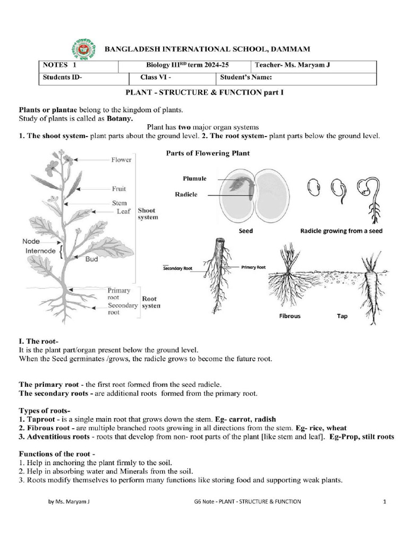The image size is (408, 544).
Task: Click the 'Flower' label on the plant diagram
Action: pyautogui.click(x=121, y=159)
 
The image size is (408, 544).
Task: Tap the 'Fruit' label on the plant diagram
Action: pyautogui.click(x=118, y=188)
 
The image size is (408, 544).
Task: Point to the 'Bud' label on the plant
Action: pyautogui.click(x=91, y=260)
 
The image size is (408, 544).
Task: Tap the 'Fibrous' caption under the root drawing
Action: pyautogui.click(x=290, y=316)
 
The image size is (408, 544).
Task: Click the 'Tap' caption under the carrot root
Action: pyautogui.click(x=342, y=316)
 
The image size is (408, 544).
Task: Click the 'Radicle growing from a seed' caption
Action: pyautogui.click(x=341, y=231)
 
